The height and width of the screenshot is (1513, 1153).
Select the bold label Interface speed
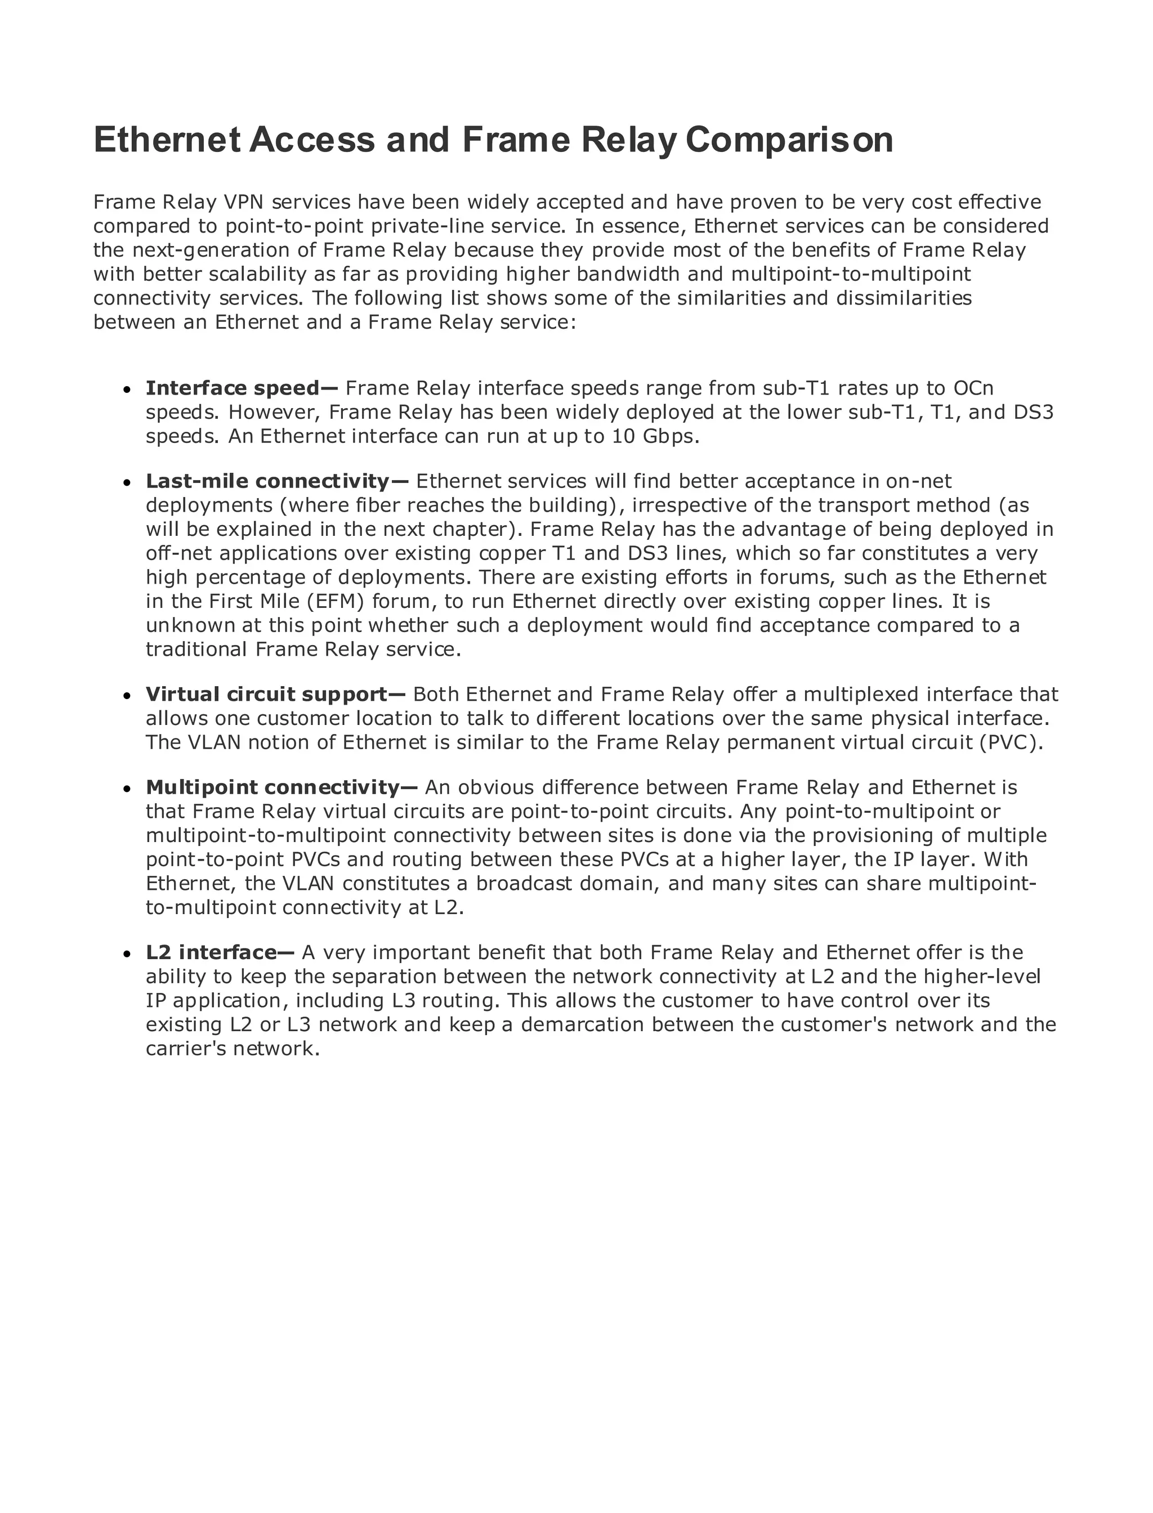pyautogui.click(x=233, y=388)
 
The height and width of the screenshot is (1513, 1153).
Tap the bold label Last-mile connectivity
pyautogui.click(x=267, y=481)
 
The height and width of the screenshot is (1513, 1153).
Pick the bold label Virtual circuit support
pyautogui.click(x=267, y=695)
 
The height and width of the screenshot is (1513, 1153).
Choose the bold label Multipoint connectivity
pyautogui.click(x=272, y=787)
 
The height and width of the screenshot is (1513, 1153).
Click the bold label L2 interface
pyautogui.click(x=210, y=952)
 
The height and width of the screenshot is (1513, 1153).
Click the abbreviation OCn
pyautogui.click(x=973, y=388)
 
